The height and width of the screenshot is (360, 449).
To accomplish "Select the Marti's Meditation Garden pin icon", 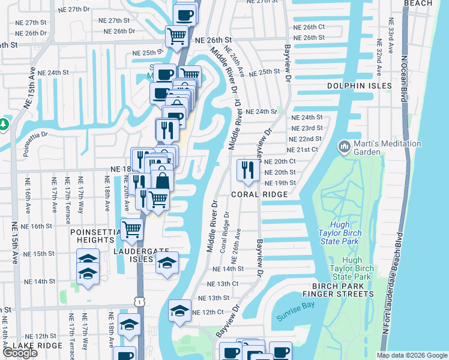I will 345,146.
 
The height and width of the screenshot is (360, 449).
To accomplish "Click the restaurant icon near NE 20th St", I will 245,170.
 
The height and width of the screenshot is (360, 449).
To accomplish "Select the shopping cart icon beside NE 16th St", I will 131,229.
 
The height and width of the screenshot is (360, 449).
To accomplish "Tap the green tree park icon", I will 4,124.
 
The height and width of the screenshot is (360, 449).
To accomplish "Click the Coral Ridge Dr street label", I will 226,232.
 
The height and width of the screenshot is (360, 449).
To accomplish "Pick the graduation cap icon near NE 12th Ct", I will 179,311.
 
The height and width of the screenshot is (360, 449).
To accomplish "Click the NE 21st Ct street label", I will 305,150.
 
